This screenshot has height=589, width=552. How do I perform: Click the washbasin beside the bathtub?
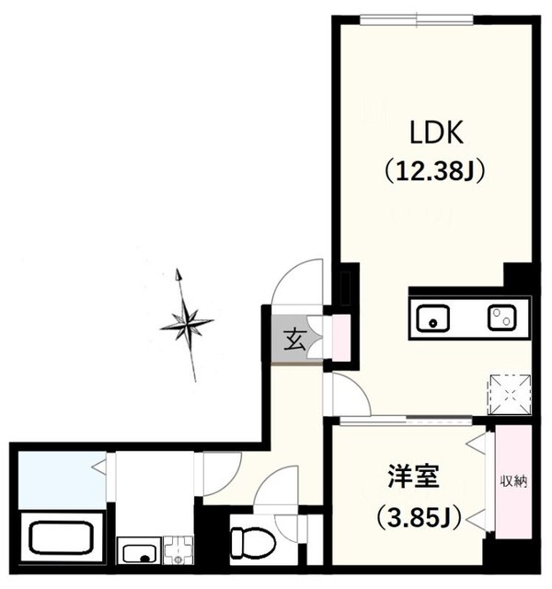(141, 554)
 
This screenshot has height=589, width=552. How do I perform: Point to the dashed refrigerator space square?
(508, 390)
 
